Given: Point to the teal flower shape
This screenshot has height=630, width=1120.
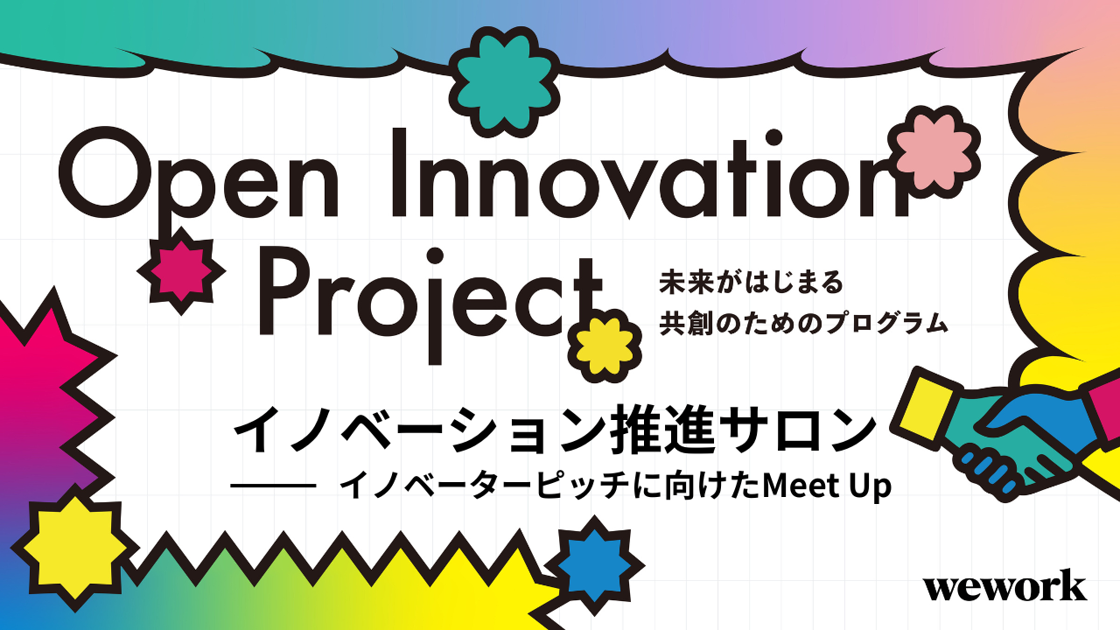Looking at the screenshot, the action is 504,82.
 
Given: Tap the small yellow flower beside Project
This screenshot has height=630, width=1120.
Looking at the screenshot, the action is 605,346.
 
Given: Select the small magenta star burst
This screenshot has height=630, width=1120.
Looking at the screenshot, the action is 181,271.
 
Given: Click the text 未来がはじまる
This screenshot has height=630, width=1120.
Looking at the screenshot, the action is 751,283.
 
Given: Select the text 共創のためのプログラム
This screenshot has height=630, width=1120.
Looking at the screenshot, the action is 803,323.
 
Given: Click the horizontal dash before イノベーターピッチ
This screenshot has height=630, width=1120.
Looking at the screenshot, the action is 273,486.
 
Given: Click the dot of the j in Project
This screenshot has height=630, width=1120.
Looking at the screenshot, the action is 436,255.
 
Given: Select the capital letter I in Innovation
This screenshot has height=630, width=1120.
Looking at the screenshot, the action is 398,173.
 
